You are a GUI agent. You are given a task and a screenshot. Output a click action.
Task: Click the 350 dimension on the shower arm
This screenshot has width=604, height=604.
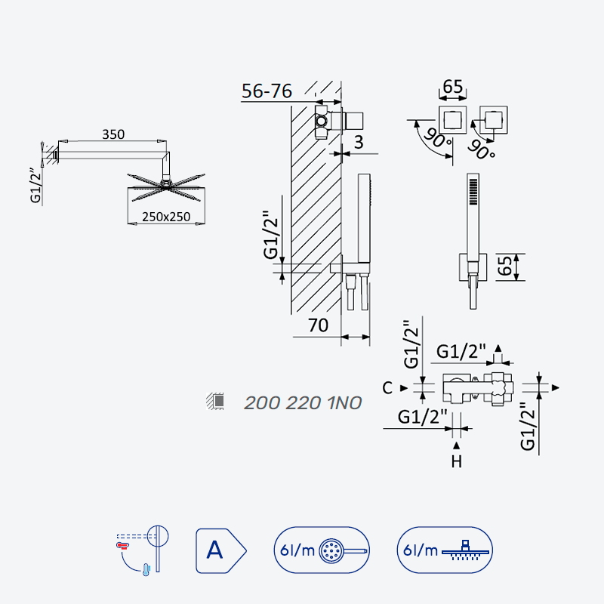[113, 134]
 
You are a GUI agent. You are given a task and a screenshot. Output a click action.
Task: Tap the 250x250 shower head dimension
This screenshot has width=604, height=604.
[166, 217]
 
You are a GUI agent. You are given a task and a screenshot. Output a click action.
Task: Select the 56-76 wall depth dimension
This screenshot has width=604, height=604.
[267, 91]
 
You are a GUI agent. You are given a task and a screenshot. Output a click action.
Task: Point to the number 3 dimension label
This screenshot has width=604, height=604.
[359, 142]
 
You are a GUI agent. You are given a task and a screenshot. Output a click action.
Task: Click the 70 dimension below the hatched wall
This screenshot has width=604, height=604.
[318, 325]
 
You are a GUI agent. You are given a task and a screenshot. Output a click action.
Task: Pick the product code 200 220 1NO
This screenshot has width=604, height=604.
[303, 403]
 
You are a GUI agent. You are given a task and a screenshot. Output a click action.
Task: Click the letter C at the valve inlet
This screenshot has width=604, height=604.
[387, 388]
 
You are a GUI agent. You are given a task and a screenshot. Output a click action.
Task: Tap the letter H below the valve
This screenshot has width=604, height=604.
[457, 461]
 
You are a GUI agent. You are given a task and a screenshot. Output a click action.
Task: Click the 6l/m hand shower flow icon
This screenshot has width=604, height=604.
[322, 550]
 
